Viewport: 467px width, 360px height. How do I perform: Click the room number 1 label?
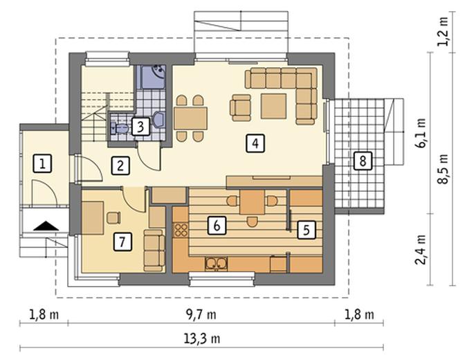(x=42, y=163)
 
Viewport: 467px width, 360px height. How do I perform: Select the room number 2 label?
(x=120, y=165)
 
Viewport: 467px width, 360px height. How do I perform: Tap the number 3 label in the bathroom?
(x=140, y=127)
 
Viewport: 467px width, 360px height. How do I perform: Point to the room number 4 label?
(x=255, y=143)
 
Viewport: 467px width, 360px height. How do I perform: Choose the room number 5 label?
(x=306, y=229)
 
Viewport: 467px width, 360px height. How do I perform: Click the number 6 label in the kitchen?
(x=217, y=225)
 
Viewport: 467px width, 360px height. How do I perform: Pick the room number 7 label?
(x=122, y=242)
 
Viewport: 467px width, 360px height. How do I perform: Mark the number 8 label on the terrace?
(x=363, y=161)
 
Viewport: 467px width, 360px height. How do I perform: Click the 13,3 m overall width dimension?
(x=201, y=339)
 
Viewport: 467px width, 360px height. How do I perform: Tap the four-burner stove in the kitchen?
(x=181, y=230)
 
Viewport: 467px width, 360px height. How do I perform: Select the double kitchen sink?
(x=217, y=264)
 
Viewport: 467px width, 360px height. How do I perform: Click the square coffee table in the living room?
(x=273, y=106)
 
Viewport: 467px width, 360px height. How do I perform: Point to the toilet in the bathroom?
(x=120, y=129)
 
